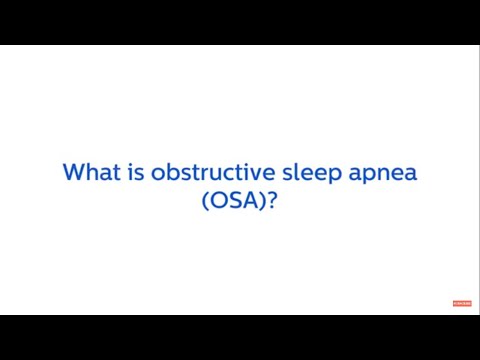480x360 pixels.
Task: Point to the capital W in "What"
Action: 73,172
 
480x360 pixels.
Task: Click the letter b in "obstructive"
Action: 168,172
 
